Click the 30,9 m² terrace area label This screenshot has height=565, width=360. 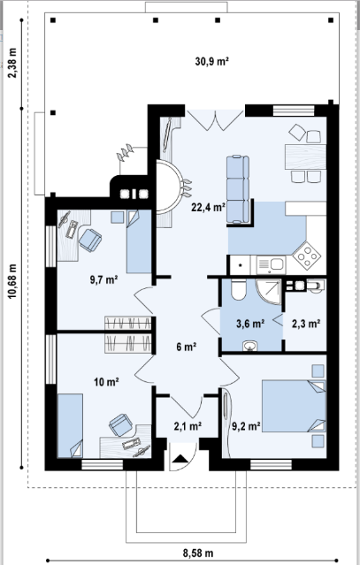pos(212,61)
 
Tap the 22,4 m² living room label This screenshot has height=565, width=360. pos(208,207)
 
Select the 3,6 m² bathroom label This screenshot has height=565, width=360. pos(250,324)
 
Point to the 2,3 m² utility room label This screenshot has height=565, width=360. pos(306,324)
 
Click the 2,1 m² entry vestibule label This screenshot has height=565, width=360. pos(188,426)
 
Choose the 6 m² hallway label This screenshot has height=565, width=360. pos(187,347)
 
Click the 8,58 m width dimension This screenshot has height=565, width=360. pos(198,553)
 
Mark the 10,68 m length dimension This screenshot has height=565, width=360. pos(13,281)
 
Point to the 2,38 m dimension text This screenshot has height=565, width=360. pos(13,63)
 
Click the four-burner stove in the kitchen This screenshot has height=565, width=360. pos(307,256)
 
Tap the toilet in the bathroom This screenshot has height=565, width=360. pos(238,289)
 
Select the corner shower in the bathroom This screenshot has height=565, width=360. pos(268,291)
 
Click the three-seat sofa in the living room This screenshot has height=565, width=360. pos(238,189)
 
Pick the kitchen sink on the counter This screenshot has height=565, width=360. pos(271,265)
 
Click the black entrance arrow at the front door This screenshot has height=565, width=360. pos(181,459)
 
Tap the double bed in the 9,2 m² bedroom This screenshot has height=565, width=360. pos(294,406)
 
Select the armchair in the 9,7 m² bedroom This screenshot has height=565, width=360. pos(90,240)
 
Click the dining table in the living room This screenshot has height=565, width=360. pos(305,157)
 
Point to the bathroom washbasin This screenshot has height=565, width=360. pos(250,346)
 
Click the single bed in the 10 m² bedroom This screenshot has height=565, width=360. pos(70,425)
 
